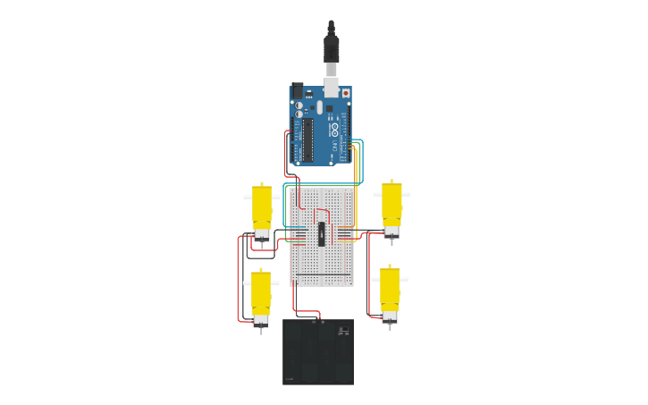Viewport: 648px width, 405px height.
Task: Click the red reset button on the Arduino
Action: click(346, 92)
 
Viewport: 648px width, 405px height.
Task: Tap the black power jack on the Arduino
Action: click(297, 90)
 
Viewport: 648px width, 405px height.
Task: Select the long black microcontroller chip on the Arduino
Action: click(307, 139)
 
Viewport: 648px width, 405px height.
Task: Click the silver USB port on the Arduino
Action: click(332, 88)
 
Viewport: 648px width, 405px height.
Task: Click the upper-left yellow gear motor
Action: click(261, 207)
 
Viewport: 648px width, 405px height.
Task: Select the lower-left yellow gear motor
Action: click(261, 292)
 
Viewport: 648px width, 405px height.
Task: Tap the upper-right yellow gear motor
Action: click(391, 204)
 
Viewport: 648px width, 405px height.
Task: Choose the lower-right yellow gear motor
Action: click(390, 289)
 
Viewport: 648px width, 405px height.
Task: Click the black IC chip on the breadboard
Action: click(322, 233)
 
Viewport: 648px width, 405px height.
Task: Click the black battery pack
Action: click(318, 353)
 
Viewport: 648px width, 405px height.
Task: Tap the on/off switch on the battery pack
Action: click(342, 332)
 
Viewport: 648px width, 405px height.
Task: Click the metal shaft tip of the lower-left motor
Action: click(261, 330)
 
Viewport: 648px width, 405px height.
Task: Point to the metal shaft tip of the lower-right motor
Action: click(390, 327)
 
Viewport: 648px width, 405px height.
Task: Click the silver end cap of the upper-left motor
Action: click(262, 234)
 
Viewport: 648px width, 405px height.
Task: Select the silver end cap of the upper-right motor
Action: click(391, 232)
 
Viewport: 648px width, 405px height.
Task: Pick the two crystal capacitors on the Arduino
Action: click(299, 110)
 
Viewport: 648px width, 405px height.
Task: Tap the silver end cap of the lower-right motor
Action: click(390, 316)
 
